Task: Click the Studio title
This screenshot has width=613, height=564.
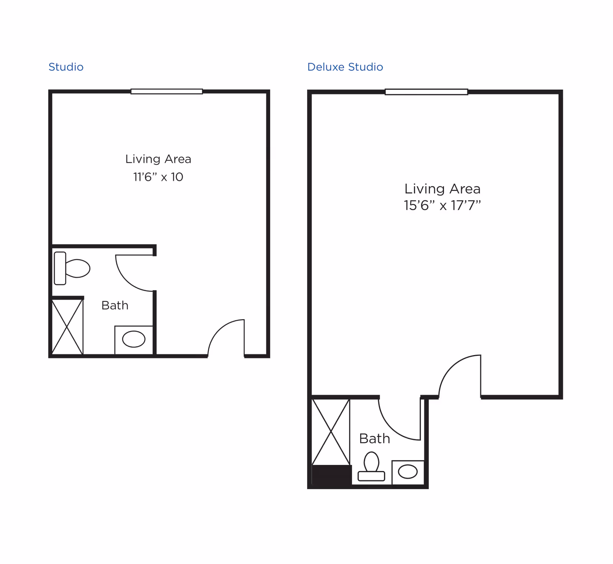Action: point(66,67)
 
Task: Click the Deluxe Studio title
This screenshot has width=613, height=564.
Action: point(345,67)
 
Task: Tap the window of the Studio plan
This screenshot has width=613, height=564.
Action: point(167,91)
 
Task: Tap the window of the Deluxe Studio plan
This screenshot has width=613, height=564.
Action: point(426,92)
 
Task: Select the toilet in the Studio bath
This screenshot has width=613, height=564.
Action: point(72,268)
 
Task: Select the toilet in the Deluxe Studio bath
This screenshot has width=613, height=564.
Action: point(371,466)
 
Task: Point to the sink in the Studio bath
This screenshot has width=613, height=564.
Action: point(134,339)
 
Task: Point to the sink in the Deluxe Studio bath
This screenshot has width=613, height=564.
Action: point(408,472)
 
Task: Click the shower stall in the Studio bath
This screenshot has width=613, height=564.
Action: point(67,327)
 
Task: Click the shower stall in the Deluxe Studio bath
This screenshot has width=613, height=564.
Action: point(331,432)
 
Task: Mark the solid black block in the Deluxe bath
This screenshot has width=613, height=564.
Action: point(332,475)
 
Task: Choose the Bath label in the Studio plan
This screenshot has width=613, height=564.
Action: point(115,305)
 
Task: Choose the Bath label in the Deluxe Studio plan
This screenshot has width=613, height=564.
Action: point(375,438)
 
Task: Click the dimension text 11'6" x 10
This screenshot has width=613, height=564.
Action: point(158,177)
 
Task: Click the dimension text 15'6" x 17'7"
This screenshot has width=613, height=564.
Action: point(442,205)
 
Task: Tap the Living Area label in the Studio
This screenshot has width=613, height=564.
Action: point(158,159)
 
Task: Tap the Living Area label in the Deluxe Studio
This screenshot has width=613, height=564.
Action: point(443,189)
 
